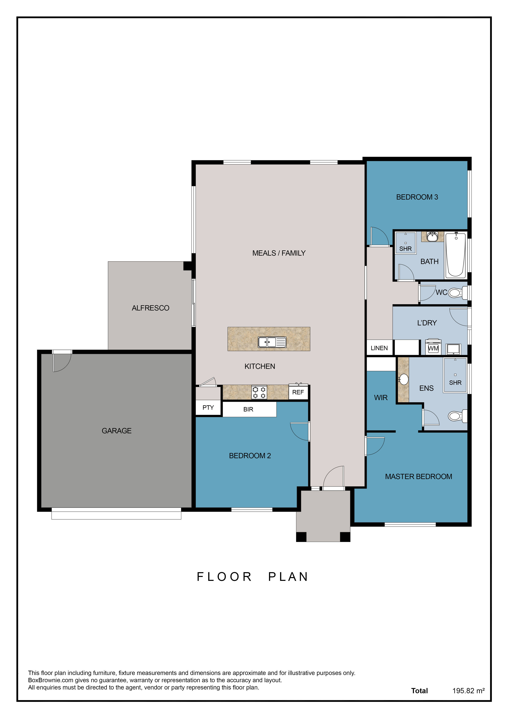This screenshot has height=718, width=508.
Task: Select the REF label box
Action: (298, 392)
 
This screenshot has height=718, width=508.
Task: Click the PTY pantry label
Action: (208, 408)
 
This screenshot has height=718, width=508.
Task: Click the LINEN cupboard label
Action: (379, 348)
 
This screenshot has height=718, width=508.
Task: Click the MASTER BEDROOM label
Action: (419, 477)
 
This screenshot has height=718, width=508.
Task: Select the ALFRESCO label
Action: (150, 308)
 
